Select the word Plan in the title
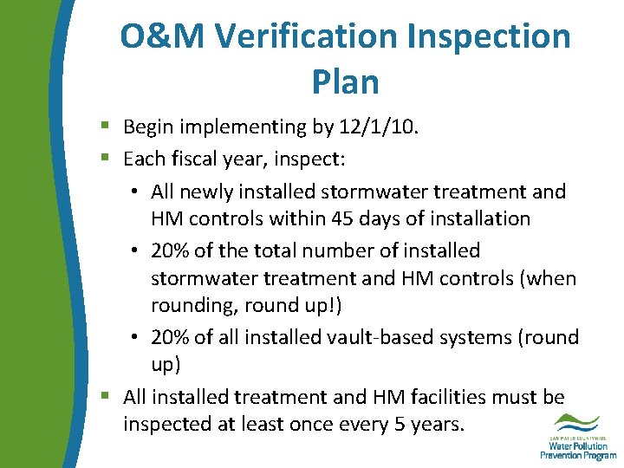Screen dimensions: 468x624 point(345,81)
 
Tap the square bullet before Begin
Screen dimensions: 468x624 point(104,128)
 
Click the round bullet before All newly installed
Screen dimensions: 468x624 point(138,192)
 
